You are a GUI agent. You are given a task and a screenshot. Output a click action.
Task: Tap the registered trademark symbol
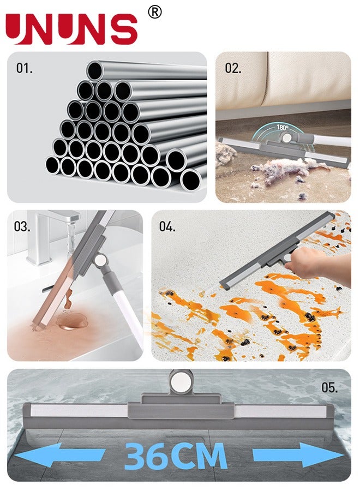[x=155, y=13]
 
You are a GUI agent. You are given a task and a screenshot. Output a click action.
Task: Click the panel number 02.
[x=233, y=68]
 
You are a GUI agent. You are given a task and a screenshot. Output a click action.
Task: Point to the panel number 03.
[x=22, y=226]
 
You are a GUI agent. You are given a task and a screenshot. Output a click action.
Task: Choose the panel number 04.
[x=167, y=227]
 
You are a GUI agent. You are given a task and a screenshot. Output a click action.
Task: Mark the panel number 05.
[x=329, y=388]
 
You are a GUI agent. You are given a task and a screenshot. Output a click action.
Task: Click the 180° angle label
[x=282, y=128]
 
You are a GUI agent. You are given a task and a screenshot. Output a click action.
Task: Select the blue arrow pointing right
[x=297, y=455]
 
